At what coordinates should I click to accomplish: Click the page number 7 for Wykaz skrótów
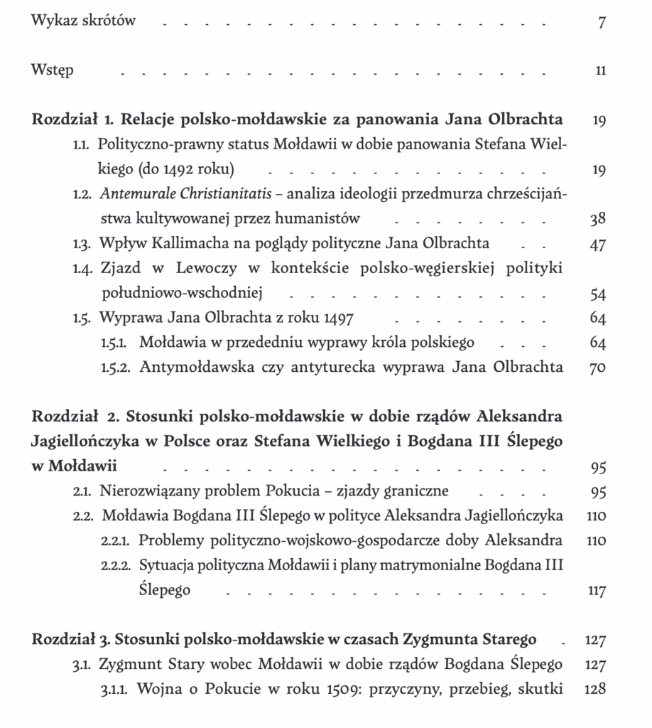pos(602,22)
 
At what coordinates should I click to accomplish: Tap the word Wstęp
pos(53,70)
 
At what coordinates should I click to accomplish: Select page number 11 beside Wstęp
pos(601,70)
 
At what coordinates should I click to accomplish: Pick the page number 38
pos(598,219)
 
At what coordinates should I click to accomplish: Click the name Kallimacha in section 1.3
pos(188,244)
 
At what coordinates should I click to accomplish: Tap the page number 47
pos(598,244)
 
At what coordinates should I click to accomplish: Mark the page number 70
pos(598,368)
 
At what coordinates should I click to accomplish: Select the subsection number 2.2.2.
pos(116,566)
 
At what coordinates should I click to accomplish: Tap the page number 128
pos(595,689)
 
